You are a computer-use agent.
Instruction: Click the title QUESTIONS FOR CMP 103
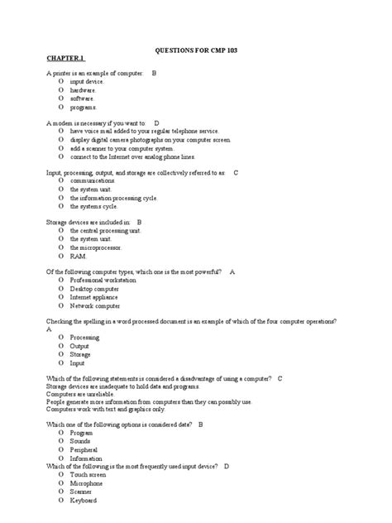196,50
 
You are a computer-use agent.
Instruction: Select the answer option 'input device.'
87,82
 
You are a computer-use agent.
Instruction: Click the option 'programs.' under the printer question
84,107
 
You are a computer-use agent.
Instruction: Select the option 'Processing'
84,338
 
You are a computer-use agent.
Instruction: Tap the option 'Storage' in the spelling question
80,354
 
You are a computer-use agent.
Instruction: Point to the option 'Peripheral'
86,449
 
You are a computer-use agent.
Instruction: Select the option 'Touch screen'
89,475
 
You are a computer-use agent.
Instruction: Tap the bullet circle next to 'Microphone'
60,483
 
